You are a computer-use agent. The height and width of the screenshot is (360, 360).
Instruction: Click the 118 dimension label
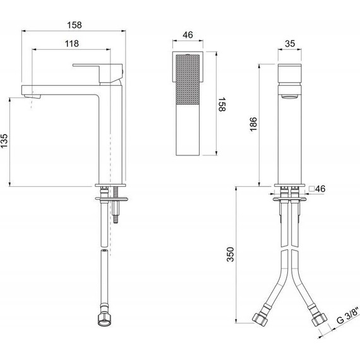pyautogui.click(x=72, y=44)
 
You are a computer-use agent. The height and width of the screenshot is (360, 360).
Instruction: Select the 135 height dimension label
pyautogui.click(x=4, y=141)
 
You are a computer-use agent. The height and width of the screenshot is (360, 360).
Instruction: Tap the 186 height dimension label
pyautogui.click(x=253, y=124)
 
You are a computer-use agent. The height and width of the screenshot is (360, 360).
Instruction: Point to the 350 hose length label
pyautogui.click(x=231, y=255)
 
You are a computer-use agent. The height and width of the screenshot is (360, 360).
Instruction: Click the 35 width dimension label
pyautogui.click(x=290, y=44)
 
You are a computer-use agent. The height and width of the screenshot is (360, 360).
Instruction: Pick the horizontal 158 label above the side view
pyautogui.click(x=75, y=25)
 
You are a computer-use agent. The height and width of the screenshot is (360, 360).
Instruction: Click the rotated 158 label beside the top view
pyautogui.click(x=222, y=104)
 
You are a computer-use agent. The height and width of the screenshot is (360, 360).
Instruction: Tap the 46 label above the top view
pyautogui.click(x=188, y=35)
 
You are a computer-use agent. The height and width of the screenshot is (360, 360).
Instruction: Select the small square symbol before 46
pyautogui.click(x=311, y=189)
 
